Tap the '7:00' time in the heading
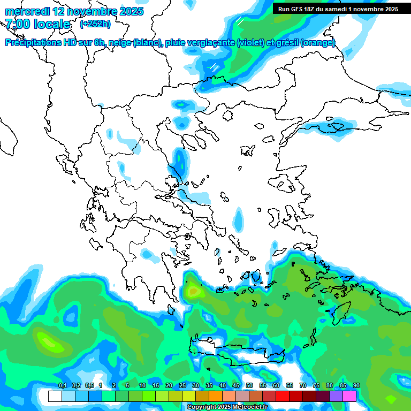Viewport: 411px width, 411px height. point(18,24)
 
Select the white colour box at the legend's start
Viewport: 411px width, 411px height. point(55,396)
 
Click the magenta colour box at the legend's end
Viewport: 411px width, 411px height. point(349,396)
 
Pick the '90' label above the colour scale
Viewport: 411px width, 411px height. point(356,386)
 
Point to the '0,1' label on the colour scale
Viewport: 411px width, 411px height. point(62,386)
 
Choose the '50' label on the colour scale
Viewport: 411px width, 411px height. point(249,386)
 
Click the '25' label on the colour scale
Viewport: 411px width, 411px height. point(182,386)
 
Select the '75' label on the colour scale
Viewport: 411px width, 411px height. point(316,386)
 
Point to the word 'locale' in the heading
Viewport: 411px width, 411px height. point(52,24)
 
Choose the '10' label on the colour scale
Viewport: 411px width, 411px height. point(142,386)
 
